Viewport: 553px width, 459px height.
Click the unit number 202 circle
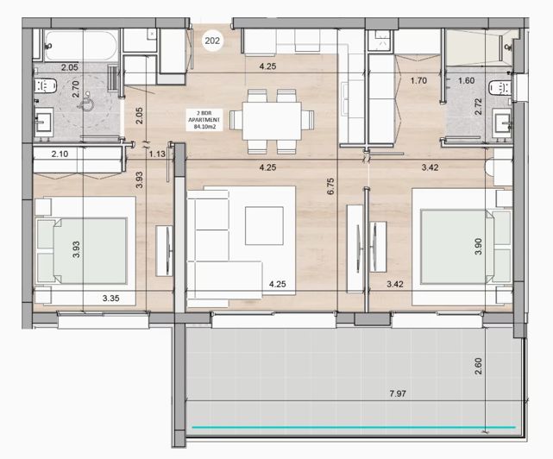click(x=211, y=39)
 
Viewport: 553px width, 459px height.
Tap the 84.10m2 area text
click(x=207, y=127)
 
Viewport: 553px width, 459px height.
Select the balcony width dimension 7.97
click(x=398, y=394)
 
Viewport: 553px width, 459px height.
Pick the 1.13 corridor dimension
click(x=156, y=154)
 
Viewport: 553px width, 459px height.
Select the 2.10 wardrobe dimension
click(x=60, y=154)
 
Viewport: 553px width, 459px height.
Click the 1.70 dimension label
click(x=418, y=82)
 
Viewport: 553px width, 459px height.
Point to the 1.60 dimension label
click(x=466, y=82)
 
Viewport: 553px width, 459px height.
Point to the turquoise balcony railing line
click(x=354, y=426)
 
